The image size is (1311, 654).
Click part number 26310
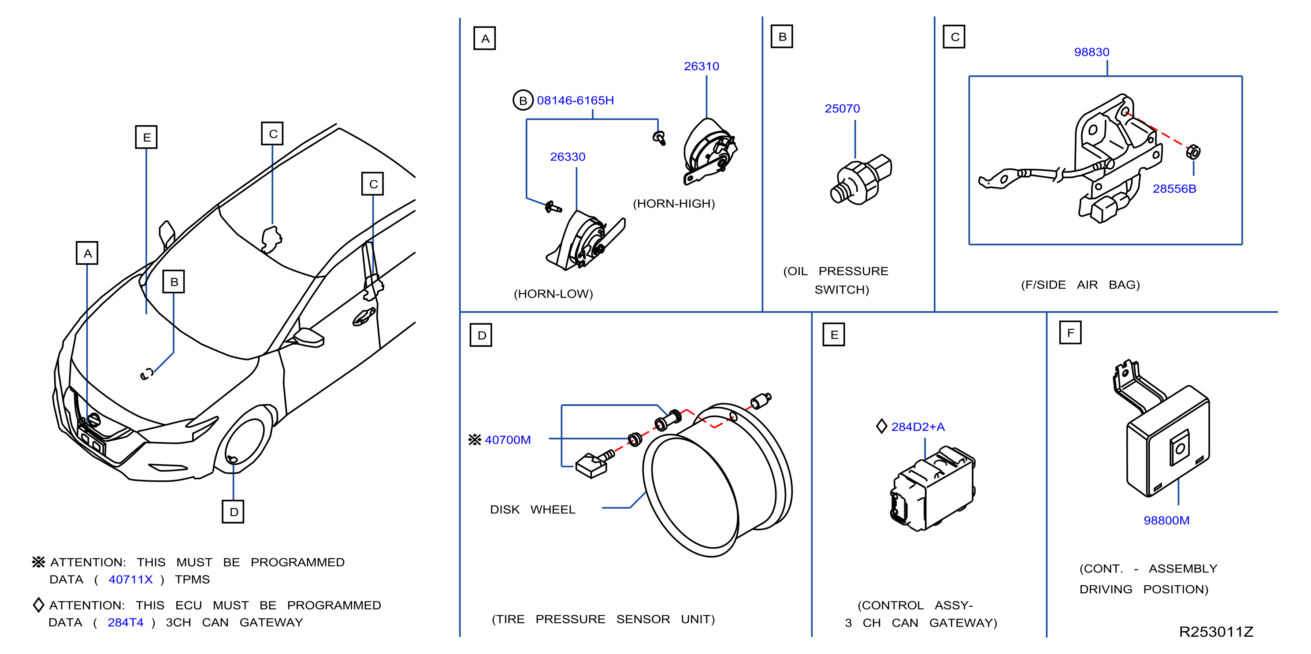click(701, 66)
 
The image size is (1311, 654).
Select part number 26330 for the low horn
click(568, 157)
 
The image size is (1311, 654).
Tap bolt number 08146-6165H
click(575, 100)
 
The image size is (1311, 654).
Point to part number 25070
click(842, 108)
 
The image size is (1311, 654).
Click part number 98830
click(1092, 52)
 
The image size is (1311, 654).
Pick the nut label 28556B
click(1174, 189)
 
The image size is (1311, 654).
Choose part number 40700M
click(507, 440)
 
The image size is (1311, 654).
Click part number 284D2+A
click(917, 427)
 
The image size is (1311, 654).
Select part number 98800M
click(1166, 520)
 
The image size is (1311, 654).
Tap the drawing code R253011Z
click(1216, 632)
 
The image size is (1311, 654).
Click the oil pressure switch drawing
click(861, 180)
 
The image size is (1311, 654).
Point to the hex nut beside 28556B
click(1193, 152)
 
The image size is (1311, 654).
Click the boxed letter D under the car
click(233, 512)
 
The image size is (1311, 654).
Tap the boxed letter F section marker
click(1070, 333)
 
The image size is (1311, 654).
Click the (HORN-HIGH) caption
click(674, 204)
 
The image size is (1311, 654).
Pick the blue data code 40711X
click(130, 579)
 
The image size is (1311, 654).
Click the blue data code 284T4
click(125, 622)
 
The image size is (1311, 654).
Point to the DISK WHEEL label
click(532, 509)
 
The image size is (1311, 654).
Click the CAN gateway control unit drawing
click(933, 489)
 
